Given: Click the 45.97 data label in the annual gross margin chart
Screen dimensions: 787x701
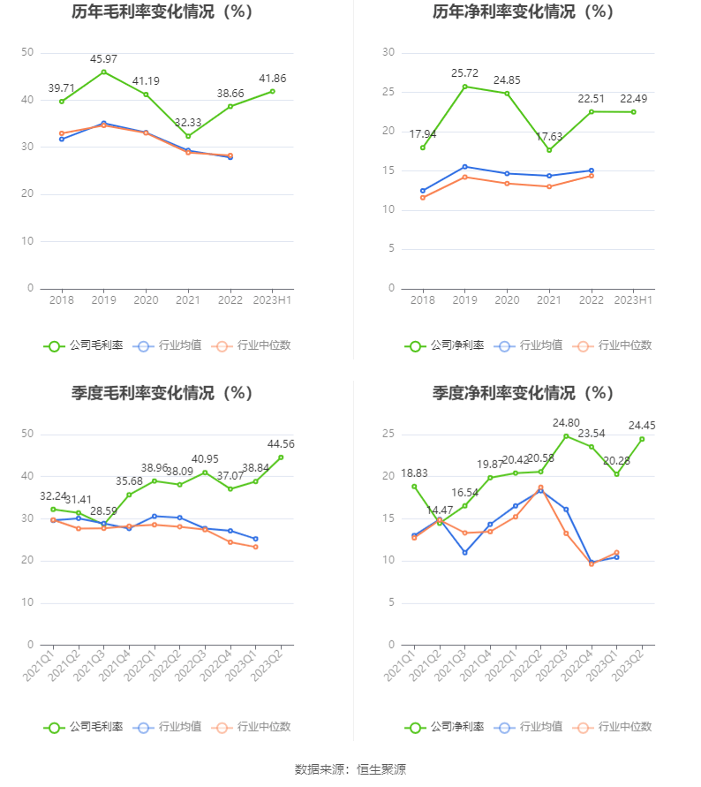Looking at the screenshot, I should pyautogui.click(x=103, y=58).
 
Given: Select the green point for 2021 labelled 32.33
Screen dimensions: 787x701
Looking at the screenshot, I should pyautogui.click(x=188, y=136).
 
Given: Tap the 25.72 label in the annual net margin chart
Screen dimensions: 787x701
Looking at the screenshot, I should pyautogui.click(x=464, y=72).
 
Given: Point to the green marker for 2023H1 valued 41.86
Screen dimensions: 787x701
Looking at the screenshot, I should pyautogui.click(x=273, y=91).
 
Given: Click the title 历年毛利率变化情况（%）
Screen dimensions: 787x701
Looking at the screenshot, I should pyautogui.click(x=162, y=12).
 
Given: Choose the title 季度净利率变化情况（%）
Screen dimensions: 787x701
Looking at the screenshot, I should pyautogui.click(x=524, y=393).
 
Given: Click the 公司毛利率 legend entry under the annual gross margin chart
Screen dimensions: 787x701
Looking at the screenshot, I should pyautogui.click(x=84, y=345).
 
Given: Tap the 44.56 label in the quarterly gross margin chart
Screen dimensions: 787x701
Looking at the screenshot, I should pyautogui.click(x=281, y=443).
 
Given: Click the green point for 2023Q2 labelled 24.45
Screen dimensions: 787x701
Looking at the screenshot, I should pyautogui.click(x=642, y=439).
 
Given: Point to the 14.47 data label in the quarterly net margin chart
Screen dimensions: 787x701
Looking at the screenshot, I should pyautogui.click(x=439, y=510).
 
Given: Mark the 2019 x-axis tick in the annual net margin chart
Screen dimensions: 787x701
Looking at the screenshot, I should pyautogui.click(x=464, y=300).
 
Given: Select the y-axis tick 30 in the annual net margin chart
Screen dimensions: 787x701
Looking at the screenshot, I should pyautogui.click(x=388, y=53).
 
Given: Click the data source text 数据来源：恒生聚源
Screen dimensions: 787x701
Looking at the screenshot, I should pyautogui.click(x=350, y=769).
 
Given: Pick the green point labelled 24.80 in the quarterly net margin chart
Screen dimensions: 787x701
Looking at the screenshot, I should pyautogui.click(x=566, y=435).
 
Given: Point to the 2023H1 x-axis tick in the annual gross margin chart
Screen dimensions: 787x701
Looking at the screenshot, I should pyautogui.click(x=272, y=300).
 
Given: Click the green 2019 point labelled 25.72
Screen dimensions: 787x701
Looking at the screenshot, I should pyautogui.click(x=464, y=87).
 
